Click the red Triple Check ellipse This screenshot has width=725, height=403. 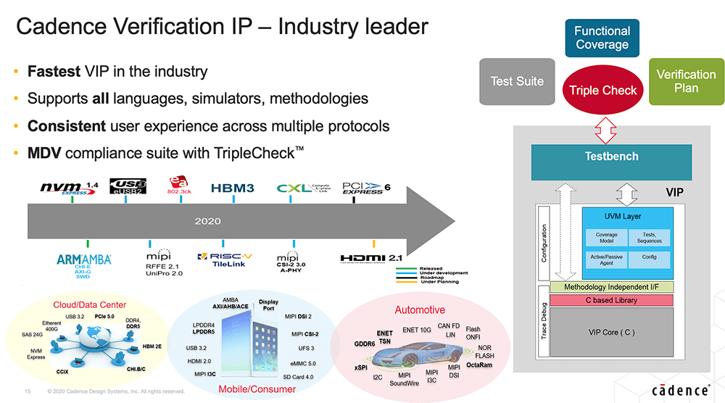tap(602, 90)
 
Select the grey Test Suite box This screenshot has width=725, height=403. tap(517, 81)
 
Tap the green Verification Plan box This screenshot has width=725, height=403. tap(686, 81)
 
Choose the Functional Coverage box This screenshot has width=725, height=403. tap(602, 38)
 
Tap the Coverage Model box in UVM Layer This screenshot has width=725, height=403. tap(606, 238)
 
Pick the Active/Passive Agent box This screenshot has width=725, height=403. tap(606, 260)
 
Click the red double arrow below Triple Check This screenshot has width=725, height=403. tap(602, 131)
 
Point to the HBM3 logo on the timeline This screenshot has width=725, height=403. tap(232, 188)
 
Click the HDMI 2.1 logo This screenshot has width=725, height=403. tap(372, 257)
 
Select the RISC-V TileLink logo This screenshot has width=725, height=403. tap(225, 259)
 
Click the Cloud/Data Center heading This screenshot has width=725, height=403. tap(90, 304)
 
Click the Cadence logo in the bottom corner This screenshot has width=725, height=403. tap(679, 391)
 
